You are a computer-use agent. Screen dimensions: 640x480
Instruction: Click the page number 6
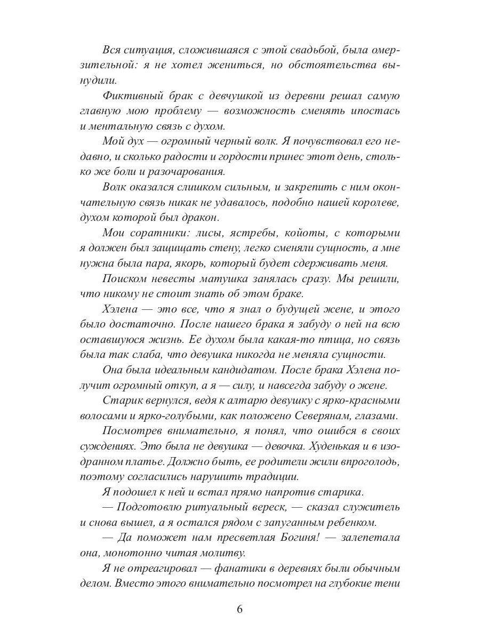point(239,610)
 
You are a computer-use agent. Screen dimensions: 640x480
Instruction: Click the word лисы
point(189,234)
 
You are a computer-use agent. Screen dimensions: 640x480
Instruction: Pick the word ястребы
point(234,234)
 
